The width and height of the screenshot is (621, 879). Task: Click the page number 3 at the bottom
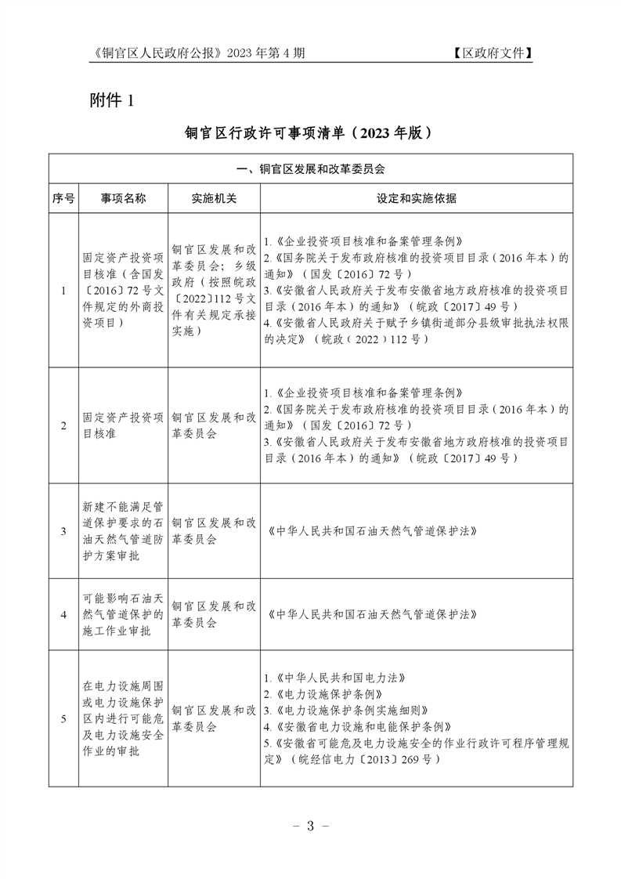[x=310, y=826]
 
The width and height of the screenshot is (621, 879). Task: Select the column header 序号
[x=63, y=198]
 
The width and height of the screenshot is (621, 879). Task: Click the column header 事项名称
[x=123, y=198]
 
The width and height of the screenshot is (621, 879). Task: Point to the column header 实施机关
[x=214, y=198]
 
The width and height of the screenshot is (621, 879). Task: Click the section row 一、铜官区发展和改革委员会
[x=310, y=168]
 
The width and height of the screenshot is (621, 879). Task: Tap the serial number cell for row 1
[x=63, y=291]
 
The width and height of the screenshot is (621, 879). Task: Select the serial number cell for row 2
[x=63, y=425]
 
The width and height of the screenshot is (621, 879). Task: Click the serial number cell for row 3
[x=63, y=531]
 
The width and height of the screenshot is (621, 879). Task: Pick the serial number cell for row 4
[x=63, y=614]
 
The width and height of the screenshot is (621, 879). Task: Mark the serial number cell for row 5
[x=63, y=718]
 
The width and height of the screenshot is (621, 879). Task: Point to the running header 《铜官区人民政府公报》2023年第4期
[x=197, y=53]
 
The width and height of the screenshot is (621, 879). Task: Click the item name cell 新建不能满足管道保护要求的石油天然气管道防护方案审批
[x=123, y=531]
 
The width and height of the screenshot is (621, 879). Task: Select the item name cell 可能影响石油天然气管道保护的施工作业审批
[x=123, y=614]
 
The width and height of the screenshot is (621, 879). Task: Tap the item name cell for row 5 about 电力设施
[x=123, y=718]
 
